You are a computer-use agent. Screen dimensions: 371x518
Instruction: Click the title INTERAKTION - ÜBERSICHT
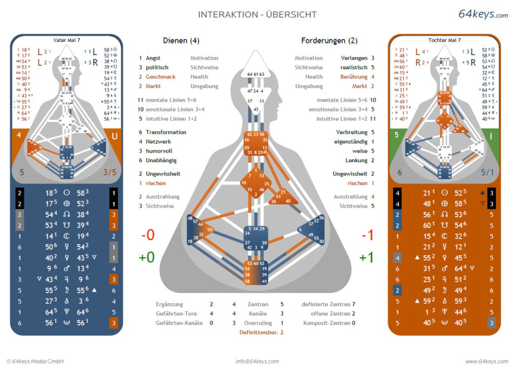pos(257,15)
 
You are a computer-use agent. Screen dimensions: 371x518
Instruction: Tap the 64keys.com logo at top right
pos(483,14)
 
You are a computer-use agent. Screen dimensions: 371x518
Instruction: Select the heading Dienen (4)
pos(181,40)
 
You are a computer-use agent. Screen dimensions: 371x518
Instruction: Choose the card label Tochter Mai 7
pos(444,40)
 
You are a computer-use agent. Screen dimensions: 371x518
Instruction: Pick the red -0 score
pos(147,235)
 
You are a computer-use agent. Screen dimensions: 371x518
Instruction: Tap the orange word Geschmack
pos(160,77)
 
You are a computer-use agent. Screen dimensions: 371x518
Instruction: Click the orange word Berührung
pos(354,77)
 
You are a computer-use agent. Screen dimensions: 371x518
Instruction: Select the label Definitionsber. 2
pos(261,332)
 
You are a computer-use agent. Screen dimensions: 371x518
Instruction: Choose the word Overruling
pos(257,322)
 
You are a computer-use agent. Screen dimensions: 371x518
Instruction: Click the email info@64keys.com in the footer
pos(257,361)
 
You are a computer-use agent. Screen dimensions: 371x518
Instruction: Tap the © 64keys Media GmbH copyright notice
pos(35,361)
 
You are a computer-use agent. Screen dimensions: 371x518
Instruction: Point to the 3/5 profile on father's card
pos(110,172)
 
